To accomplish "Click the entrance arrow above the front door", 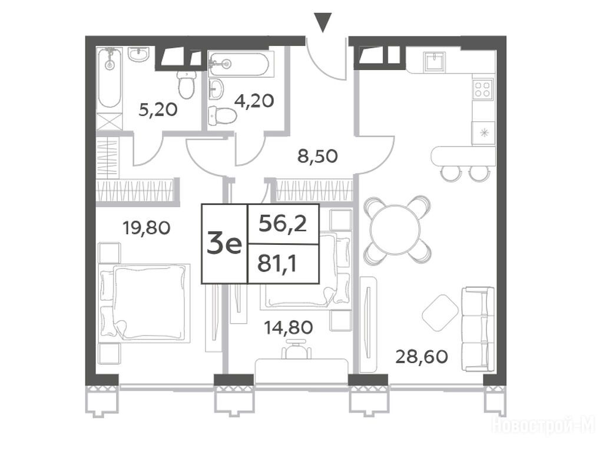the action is coord(323,23).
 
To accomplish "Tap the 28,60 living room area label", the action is coord(422,357).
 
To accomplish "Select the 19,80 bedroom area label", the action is coord(146,228).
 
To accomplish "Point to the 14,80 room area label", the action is coord(289,327).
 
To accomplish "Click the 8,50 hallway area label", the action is coord(318,156).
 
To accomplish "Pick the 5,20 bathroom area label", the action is coord(158,110).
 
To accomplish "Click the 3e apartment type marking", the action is coord(224,244).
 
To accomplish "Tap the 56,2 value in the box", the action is coord(283,223).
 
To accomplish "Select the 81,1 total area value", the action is coord(277,264).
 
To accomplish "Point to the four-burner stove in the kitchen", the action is coord(483,89).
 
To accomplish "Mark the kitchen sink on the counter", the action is coord(435,61).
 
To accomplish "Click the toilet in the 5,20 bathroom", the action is coord(186,85).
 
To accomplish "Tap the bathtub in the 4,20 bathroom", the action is coord(238,64).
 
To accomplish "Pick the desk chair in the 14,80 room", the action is coord(296,349).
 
